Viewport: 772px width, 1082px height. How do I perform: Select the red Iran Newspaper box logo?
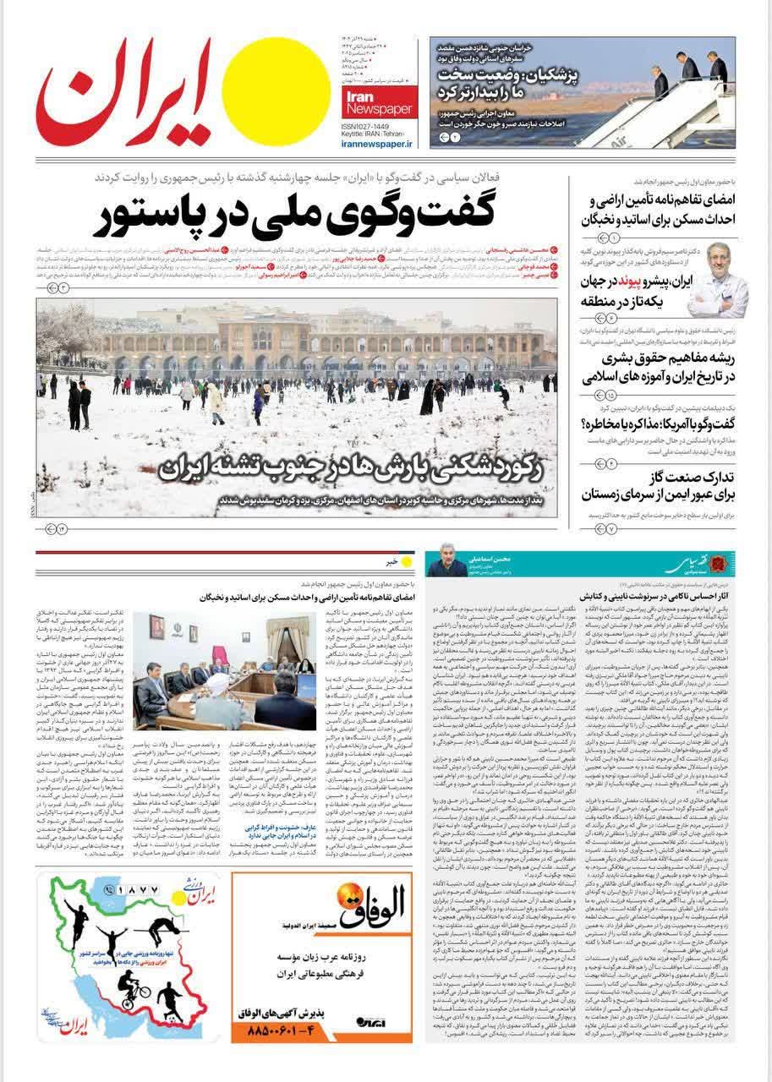pyautogui.click(x=378, y=100)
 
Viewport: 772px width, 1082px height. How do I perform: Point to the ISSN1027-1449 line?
pyautogui.click(x=372, y=126)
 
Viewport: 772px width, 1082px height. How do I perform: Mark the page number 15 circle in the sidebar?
pyautogui.click(x=612, y=396)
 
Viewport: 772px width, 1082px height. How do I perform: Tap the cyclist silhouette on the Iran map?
pyautogui.click(x=134, y=986)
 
